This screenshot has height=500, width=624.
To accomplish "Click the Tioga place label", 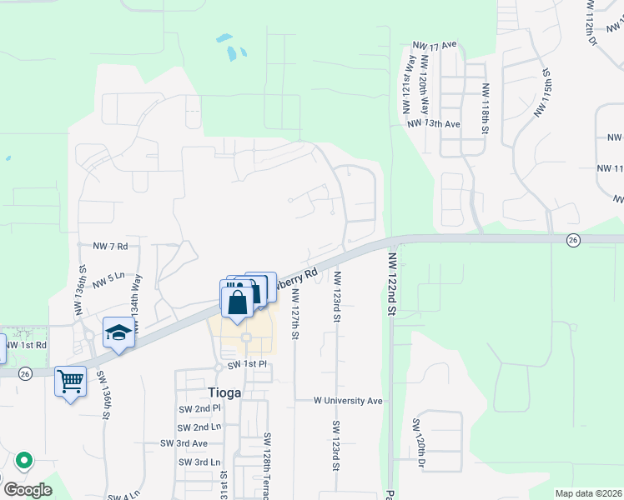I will click(x=224, y=392).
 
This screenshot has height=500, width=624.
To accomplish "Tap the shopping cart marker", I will click(x=71, y=382).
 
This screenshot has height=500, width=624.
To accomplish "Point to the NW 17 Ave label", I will click(x=435, y=44).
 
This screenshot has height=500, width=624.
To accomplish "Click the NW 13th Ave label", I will click(x=434, y=123).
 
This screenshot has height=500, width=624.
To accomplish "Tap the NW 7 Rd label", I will click(x=110, y=247).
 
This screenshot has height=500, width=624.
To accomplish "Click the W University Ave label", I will click(x=348, y=401).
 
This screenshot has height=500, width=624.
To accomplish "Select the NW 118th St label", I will click(x=485, y=107).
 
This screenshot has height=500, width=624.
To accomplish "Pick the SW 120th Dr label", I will click(x=417, y=442).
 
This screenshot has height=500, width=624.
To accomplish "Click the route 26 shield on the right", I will click(x=572, y=240).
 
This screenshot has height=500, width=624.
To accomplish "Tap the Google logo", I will click(x=27, y=489).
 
